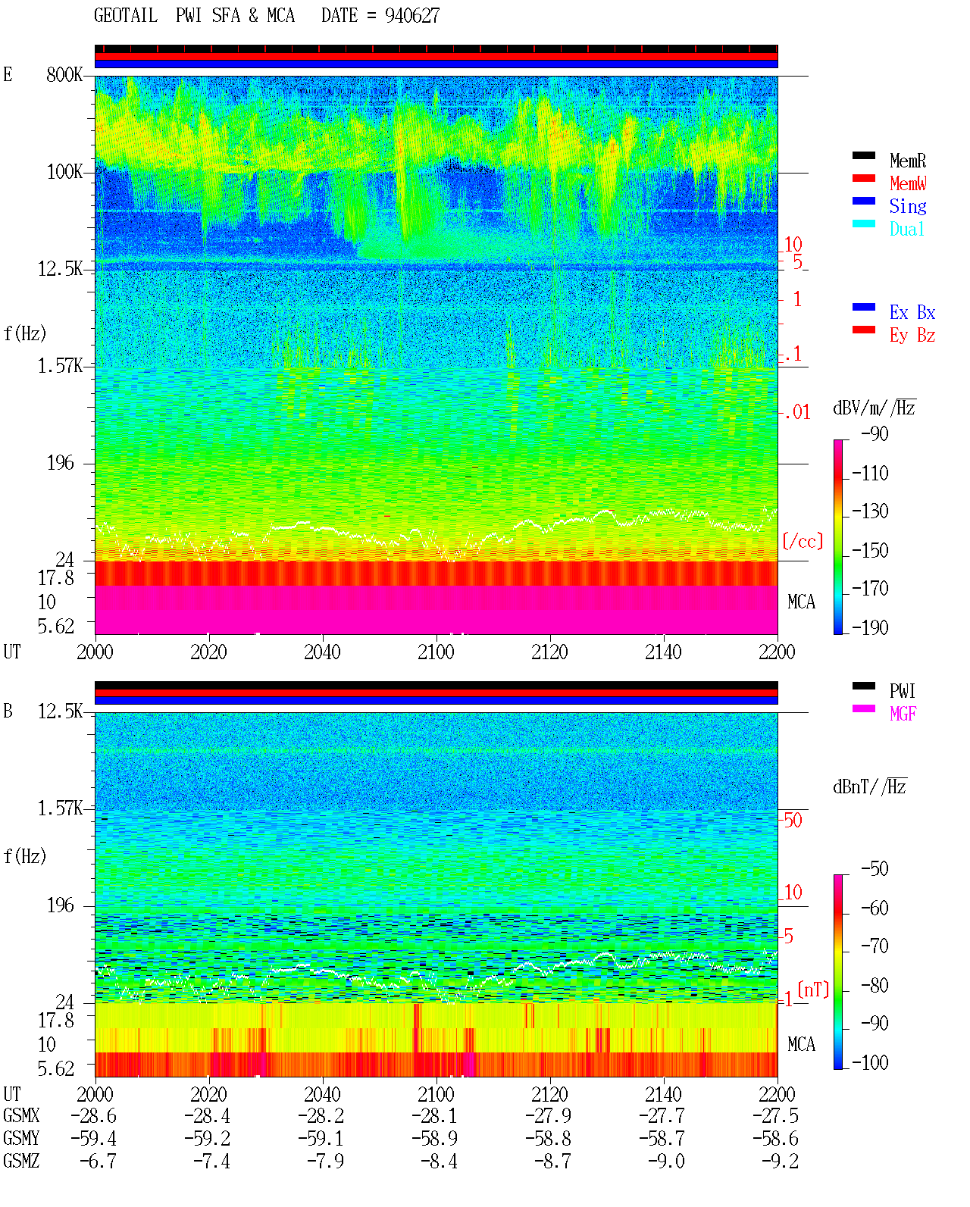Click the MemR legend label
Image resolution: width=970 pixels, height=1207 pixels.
point(907,161)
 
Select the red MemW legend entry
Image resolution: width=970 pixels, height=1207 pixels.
point(908,183)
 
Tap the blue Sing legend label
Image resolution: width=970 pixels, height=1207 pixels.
point(907,206)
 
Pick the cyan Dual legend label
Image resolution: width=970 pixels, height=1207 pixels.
point(906,229)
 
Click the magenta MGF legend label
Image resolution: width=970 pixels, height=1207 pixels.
point(903,714)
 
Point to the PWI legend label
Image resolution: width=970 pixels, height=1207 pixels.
point(902,691)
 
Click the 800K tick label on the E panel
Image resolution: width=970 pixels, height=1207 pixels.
point(64,74)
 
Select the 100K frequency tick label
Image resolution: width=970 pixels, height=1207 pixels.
point(64,172)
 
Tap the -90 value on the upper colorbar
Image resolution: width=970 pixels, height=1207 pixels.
point(875,433)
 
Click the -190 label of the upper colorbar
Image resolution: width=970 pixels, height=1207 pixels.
point(870,627)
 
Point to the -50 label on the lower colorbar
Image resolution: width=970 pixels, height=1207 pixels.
point(875,869)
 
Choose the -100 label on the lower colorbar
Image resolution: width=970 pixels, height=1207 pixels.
point(870,1062)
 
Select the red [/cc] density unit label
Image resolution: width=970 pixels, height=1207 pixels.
point(803,541)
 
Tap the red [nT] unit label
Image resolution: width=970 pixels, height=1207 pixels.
point(813,990)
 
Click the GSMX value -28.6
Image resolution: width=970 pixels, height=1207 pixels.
point(93,1115)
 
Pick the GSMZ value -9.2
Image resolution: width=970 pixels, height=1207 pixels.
point(780,1161)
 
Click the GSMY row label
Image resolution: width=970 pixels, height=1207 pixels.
point(21,1138)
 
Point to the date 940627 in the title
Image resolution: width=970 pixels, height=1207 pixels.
point(412,16)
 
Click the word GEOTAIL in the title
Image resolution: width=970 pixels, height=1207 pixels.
point(126,16)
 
